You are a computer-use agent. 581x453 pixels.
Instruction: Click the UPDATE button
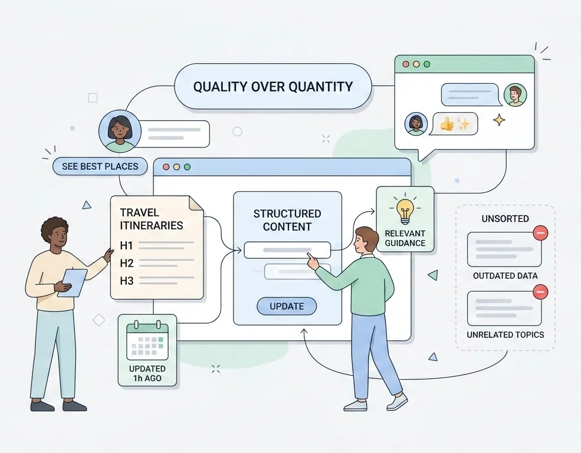coord(287,306)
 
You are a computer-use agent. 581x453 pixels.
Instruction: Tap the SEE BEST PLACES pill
coord(100,166)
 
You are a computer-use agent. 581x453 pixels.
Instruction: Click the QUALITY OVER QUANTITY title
coord(273,87)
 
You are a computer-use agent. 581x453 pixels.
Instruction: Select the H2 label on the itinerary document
coord(127,263)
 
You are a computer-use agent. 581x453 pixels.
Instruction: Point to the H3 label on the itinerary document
coord(127,281)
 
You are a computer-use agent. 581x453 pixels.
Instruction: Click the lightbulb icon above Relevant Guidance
coord(405,211)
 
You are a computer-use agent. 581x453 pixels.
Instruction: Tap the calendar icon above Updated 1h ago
coord(147,341)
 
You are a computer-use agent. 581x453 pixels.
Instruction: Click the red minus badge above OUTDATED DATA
coord(540,233)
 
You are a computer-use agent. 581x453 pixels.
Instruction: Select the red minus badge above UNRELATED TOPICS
coord(540,292)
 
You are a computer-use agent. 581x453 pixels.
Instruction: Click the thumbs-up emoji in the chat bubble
coord(447,124)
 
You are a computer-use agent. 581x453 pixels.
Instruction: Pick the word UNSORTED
coord(505,218)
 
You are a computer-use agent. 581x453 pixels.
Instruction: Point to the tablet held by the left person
coord(72,283)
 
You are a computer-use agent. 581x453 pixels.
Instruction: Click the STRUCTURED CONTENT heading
coord(287,220)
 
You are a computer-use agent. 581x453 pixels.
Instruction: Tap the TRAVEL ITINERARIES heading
coord(152,219)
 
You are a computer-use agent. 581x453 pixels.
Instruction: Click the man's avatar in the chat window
coord(516,94)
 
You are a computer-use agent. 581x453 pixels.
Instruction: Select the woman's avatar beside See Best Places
coord(120,131)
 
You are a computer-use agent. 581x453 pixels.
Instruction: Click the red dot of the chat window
coord(406,64)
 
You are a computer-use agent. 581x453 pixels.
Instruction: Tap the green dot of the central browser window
coord(187,167)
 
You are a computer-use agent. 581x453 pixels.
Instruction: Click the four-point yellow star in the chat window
coord(499,120)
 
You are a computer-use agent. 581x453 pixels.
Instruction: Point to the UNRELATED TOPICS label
coord(505,335)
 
